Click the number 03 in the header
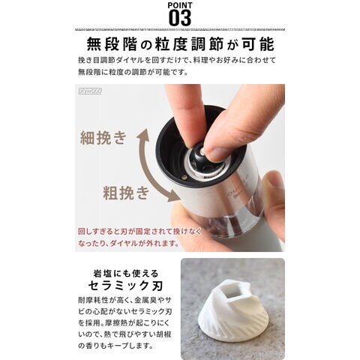point(180,17)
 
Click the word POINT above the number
point(180,5)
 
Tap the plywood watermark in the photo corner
point(90,91)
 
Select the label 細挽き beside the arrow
point(103,138)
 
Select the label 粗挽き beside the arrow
point(126,193)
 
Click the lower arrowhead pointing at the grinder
point(174,196)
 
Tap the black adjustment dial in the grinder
point(197,157)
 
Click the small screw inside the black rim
point(184,177)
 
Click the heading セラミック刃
point(126,286)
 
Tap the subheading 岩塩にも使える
point(126,273)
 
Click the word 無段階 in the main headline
point(112,45)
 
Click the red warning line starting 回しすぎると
point(140,231)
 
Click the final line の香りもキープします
point(115,346)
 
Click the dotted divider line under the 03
point(180,29)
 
